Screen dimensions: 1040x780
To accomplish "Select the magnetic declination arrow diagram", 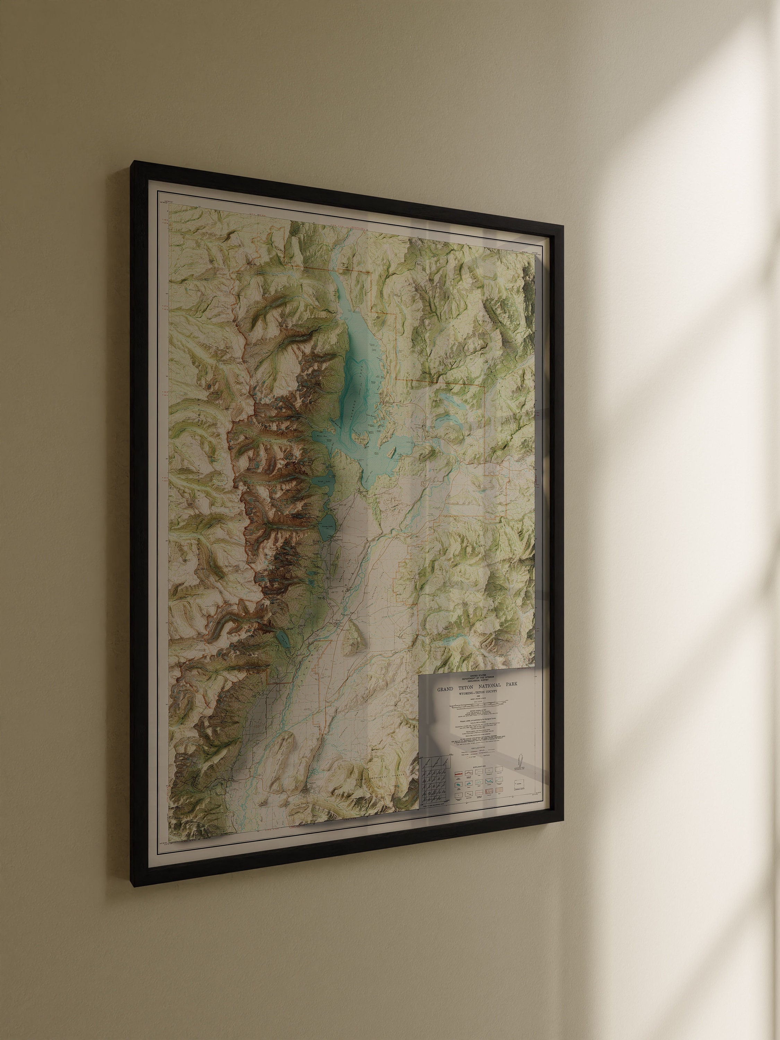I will coord(520,759).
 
